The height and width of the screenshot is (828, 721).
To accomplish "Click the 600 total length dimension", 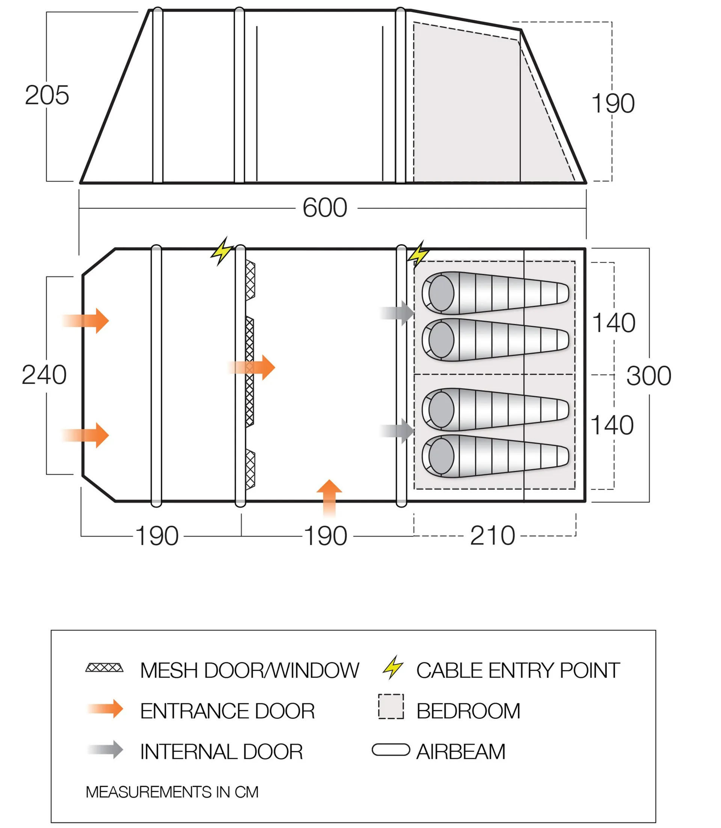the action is [325, 208].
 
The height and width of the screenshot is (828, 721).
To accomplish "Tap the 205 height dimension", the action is [47, 95].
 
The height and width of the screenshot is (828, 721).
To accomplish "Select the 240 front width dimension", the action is [44, 375].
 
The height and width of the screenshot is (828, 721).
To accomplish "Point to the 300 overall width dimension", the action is [649, 376].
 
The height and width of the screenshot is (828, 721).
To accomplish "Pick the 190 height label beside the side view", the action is [613, 103].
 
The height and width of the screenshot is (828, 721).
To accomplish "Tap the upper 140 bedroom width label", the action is [614, 323].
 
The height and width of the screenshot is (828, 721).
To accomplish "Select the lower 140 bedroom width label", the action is [612, 425].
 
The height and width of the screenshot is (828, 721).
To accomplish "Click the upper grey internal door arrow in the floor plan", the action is [397, 313].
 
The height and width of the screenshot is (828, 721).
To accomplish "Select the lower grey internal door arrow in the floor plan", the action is [397, 431].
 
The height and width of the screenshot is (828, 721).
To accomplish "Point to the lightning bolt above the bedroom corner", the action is [418, 254].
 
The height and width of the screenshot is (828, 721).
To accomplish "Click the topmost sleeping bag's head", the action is [441, 293].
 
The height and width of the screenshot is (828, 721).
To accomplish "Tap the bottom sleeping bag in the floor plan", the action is [495, 456].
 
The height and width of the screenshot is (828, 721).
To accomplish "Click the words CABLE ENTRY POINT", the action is [518, 670].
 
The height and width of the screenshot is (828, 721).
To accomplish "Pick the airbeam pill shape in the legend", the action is [391, 750].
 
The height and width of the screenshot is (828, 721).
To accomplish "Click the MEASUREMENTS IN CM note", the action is [172, 792].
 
